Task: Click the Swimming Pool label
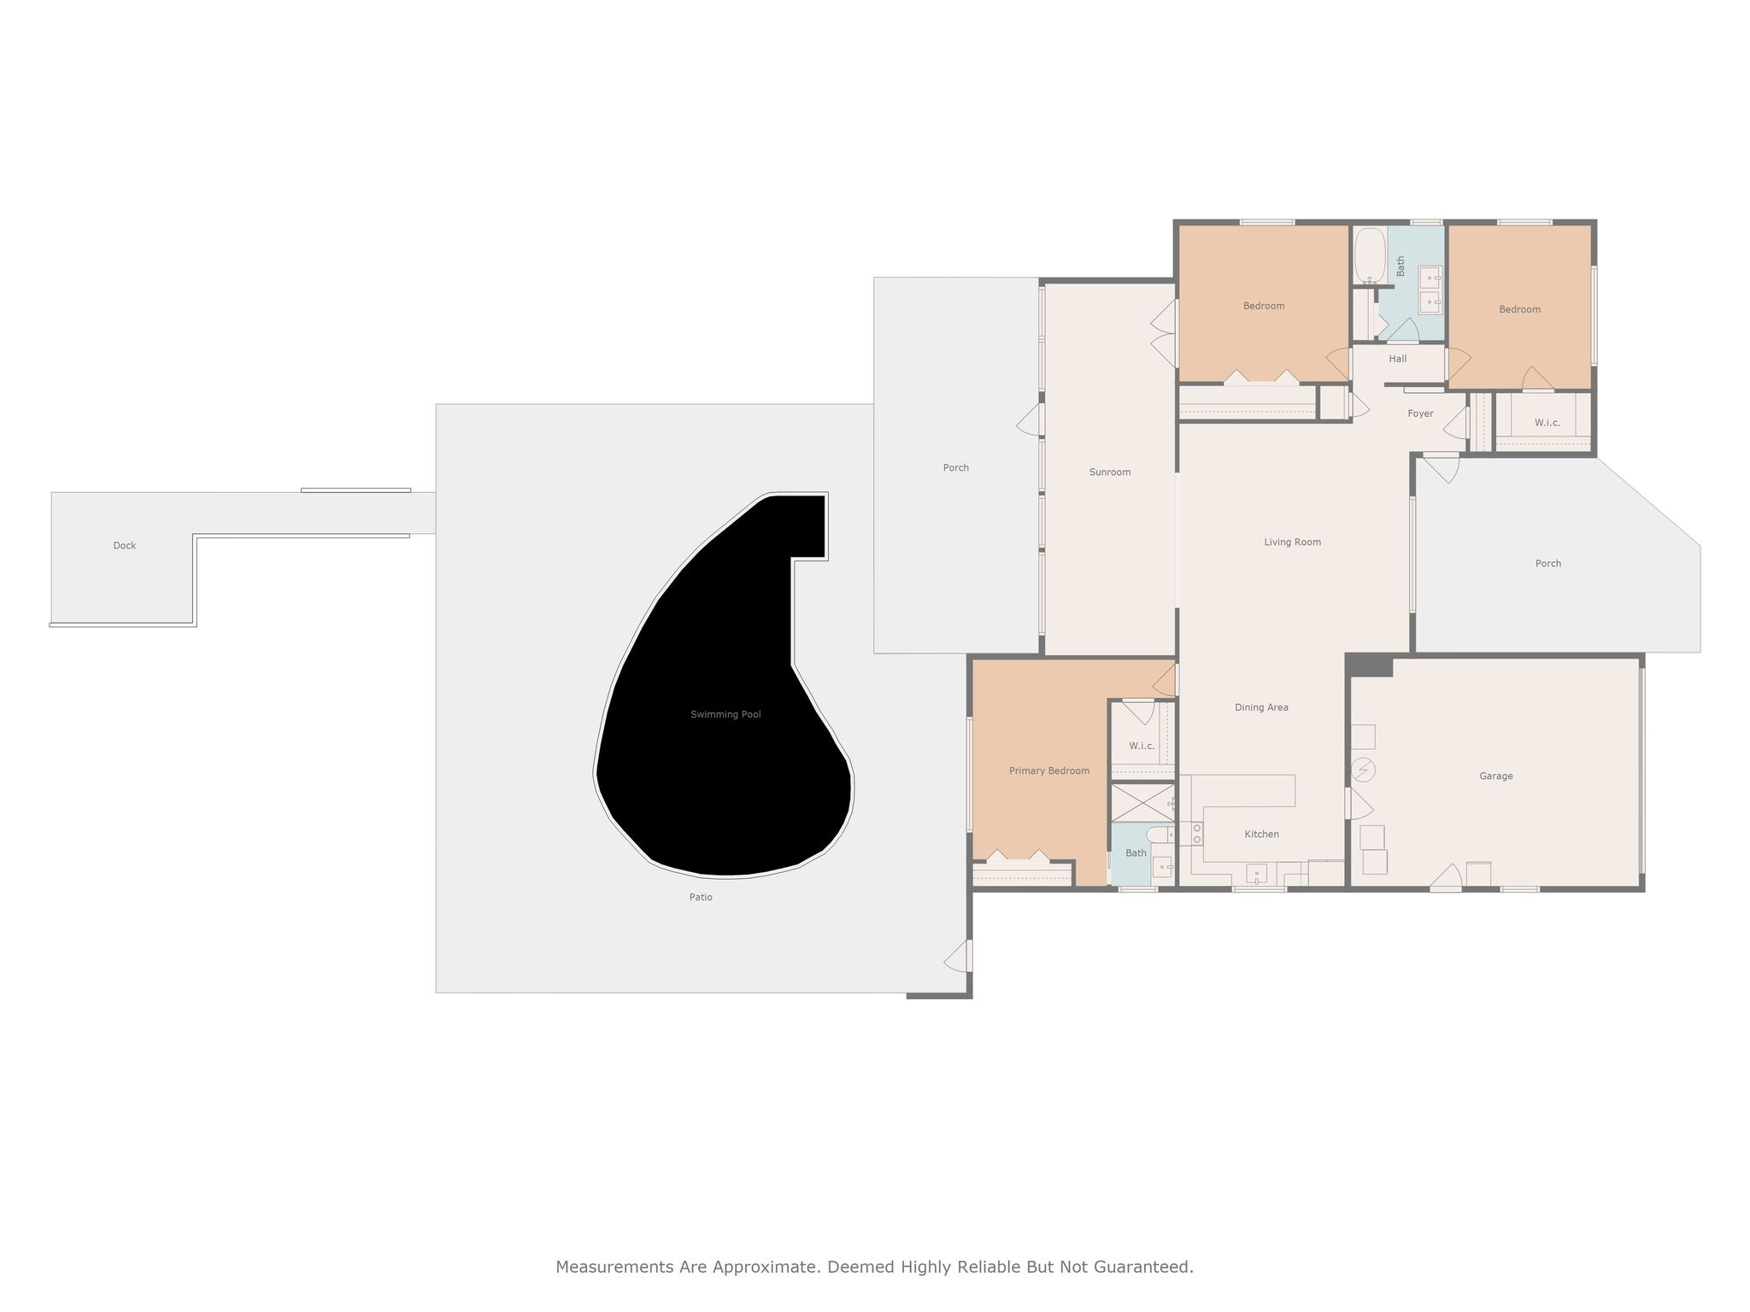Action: tap(725, 714)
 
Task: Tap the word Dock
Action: tap(125, 545)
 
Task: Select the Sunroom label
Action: tap(1110, 471)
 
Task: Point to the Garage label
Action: tap(1496, 776)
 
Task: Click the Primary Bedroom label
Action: tap(1049, 770)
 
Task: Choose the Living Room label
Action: tap(1293, 542)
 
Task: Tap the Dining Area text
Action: tap(1261, 707)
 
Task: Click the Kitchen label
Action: tap(1262, 834)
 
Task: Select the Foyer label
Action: tap(1421, 413)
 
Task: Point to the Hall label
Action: tap(1398, 359)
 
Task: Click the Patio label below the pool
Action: tap(701, 897)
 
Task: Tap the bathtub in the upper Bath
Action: tap(1370, 255)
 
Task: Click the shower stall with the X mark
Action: tap(1142, 803)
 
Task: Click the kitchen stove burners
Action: tap(1196, 833)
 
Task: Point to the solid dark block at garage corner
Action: tap(1370, 665)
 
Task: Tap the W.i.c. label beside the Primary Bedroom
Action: tap(1142, 746)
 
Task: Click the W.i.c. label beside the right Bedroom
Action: tap(1547, 422)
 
